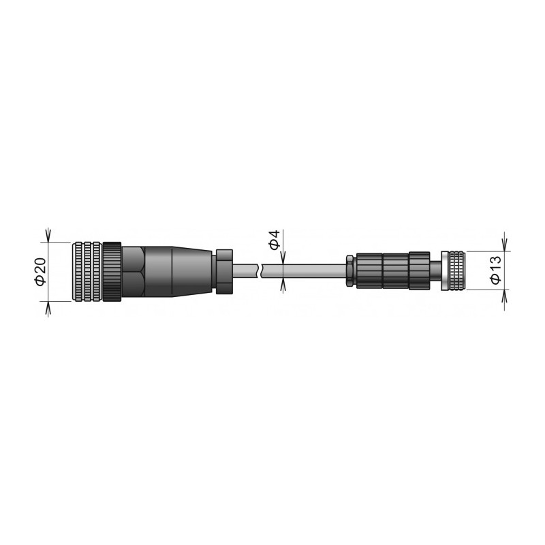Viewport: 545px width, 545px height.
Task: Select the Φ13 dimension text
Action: tap(495, 270)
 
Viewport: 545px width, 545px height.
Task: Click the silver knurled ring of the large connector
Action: tap(87, 270)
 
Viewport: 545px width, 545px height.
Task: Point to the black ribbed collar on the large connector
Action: tap(112, 270)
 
